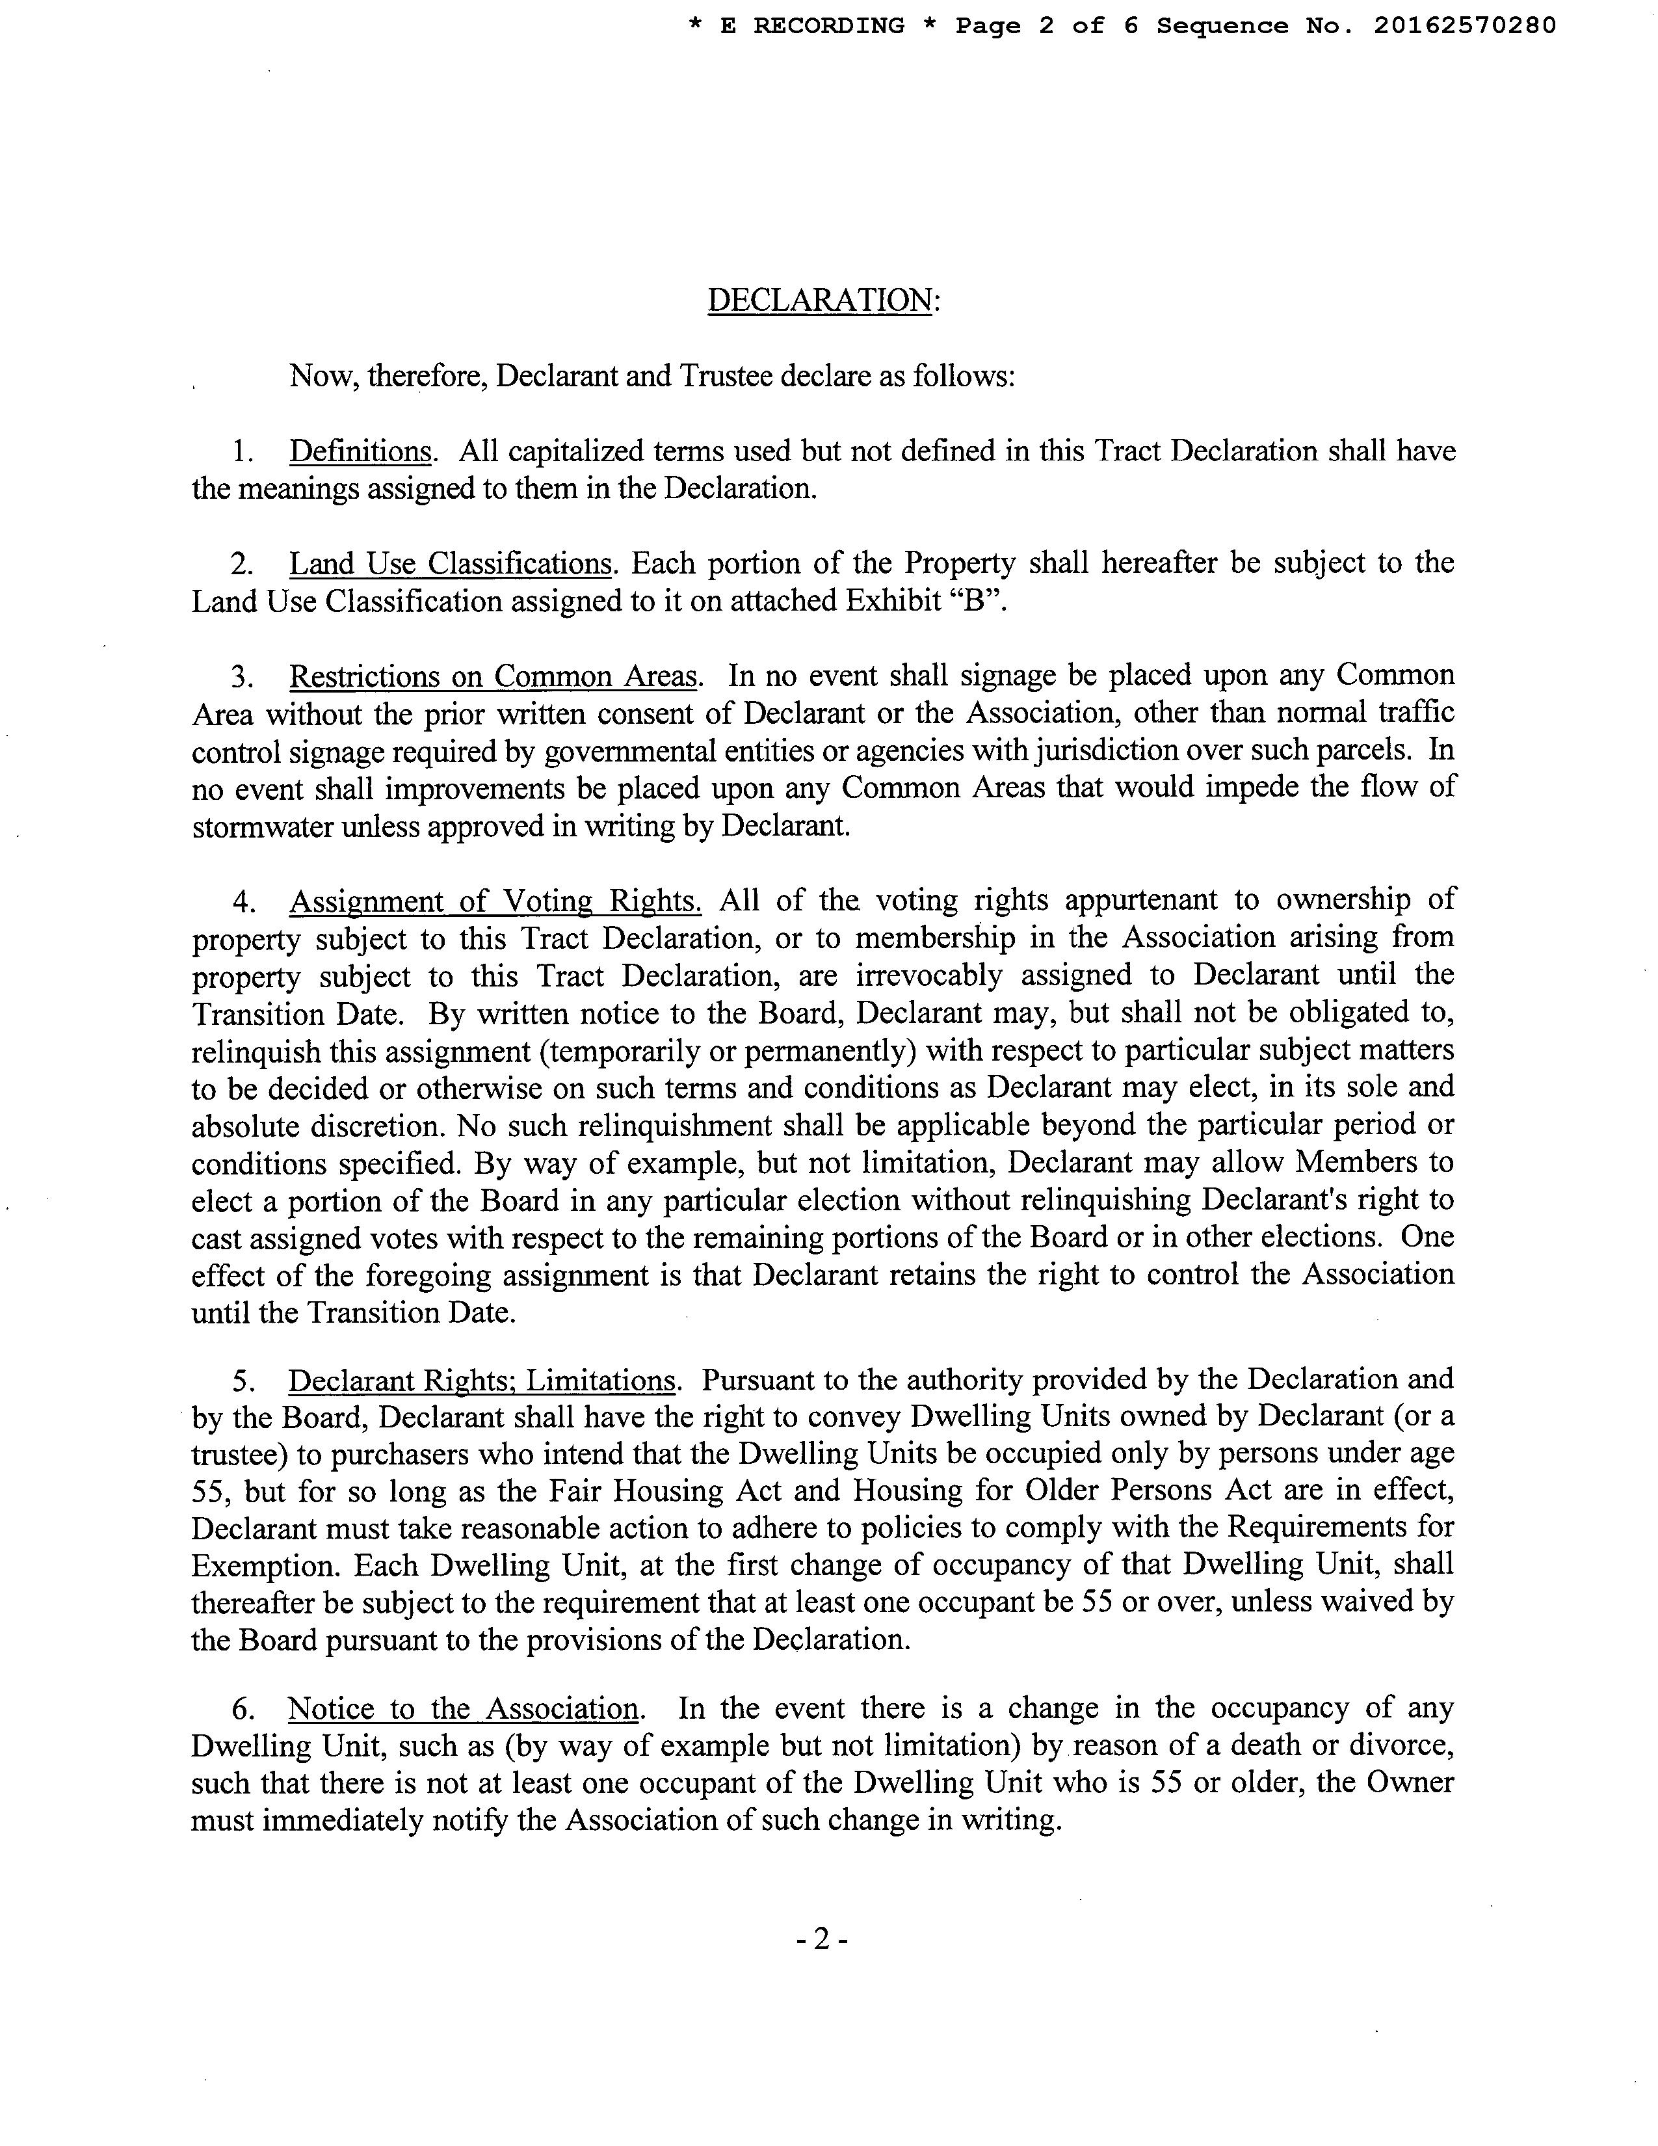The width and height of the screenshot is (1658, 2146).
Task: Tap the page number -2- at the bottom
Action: [x=824, y=1937]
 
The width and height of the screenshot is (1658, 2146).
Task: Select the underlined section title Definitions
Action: [x=360, y=451]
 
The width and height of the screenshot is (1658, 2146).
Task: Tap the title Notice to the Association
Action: [x=464, y=1708]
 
